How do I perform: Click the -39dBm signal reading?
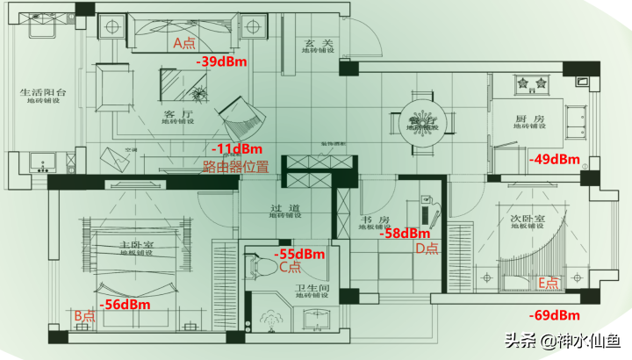[x=224, y=61]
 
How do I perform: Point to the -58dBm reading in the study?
[x=404, y=234]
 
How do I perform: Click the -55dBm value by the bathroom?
[x=300, y=254]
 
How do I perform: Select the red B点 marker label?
[x=84, y=314]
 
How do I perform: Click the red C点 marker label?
[x=291, y=267]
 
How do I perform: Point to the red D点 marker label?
[x=427, y=248]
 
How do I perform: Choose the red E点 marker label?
[x=549, y=283]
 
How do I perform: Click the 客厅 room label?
[x=178, y=115]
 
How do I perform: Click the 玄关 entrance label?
[x=315, y=42]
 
